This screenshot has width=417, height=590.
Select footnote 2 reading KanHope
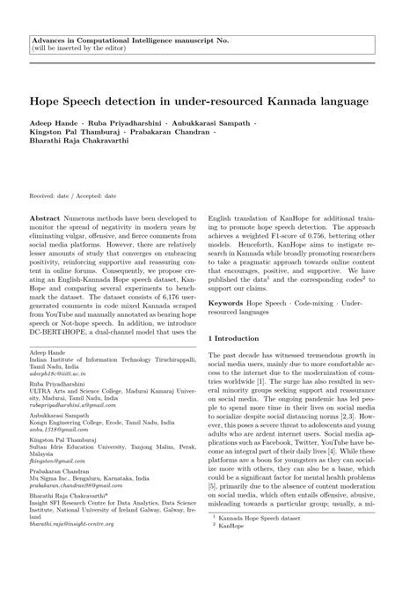pyautogui.click(x=241, y=557)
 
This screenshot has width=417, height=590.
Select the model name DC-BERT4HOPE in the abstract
pyautogui.click(x=62, y=335)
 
